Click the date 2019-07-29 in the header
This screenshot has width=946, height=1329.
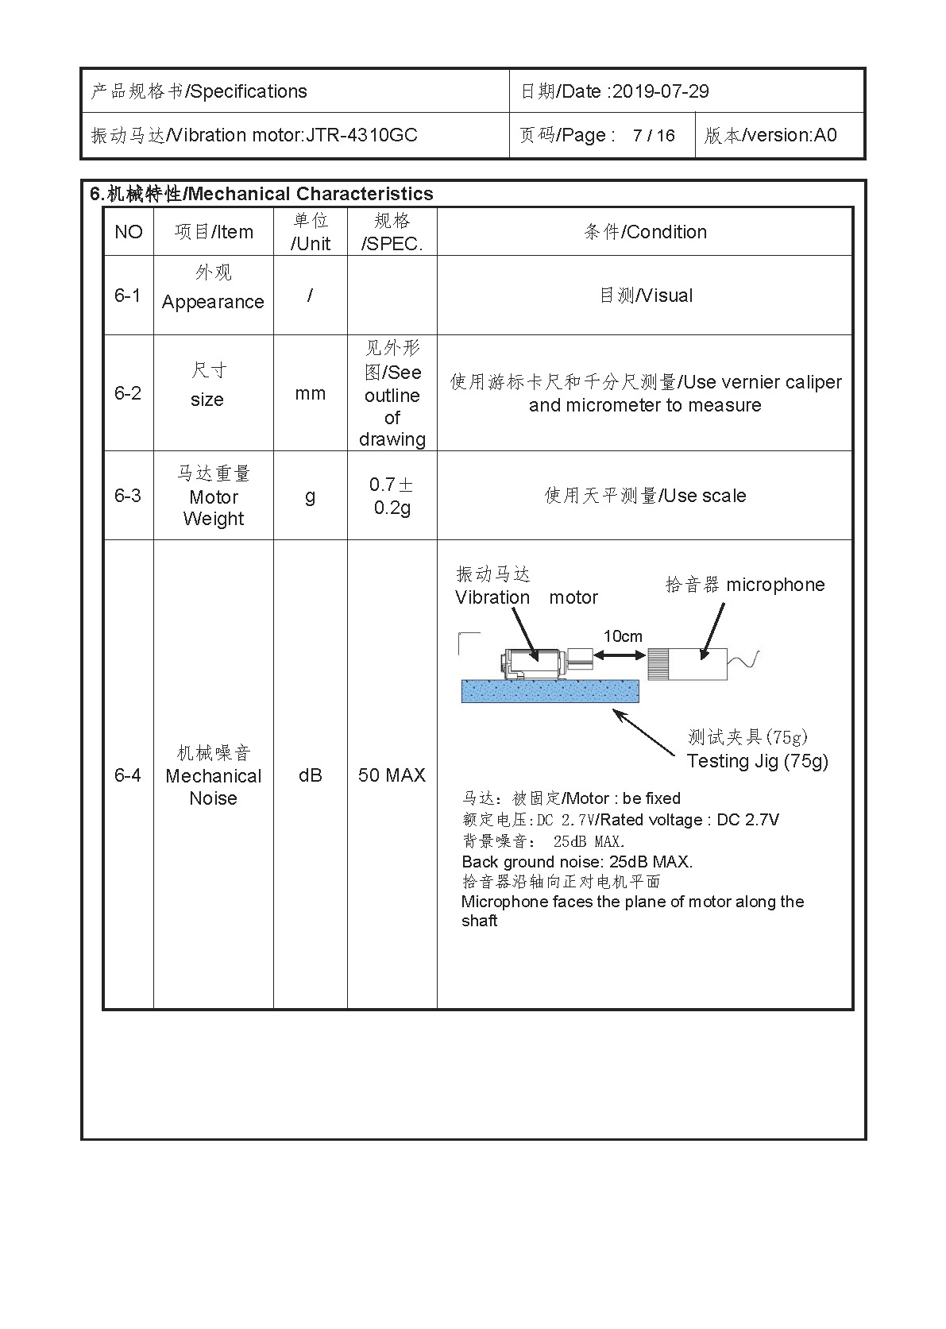(x=660, y=91)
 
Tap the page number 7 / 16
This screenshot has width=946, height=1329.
(x=653, y=136)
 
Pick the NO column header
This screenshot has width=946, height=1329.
(x=129, y=232)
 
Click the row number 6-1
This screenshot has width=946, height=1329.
(x=127, y=296)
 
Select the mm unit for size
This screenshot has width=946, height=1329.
(x=310, y=393)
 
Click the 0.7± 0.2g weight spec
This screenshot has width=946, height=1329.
(x=392, y=496)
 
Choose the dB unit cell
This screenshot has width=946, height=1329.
(x=310, y=775)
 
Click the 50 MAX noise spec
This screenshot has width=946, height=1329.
(x=392, y=775)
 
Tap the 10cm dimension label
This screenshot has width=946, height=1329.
(x=623, y=636)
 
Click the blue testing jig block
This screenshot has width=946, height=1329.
(x=550, y=691)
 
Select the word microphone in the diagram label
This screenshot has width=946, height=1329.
(x=775, y=585)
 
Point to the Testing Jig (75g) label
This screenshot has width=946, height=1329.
(x=757, y=761)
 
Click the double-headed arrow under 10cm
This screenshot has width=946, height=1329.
(x=620, y=655)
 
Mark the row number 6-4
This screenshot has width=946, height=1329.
(x=127, y=775)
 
